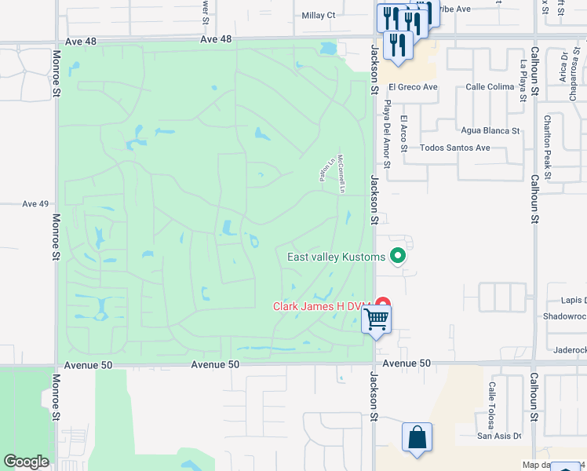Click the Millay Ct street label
pos(319,15)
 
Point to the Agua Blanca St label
pos(491,130)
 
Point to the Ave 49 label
pos(35,203)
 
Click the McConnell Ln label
pos(341,173)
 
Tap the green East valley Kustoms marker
pos(398,256)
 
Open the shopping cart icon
pos(377,319)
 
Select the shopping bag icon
pos(417,436)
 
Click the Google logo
pos(26,462)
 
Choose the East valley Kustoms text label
pos(337,257)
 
